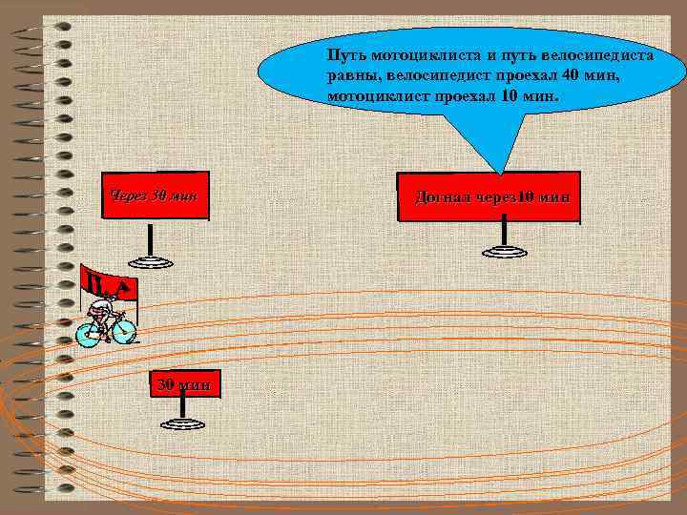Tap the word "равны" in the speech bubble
coord(348,77)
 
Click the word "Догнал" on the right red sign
coord(445,197)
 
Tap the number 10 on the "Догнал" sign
coord(526,197)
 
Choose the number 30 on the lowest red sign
coord(164,384)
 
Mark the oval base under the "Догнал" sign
coord(504,252)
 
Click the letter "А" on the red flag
coord(125,287)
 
